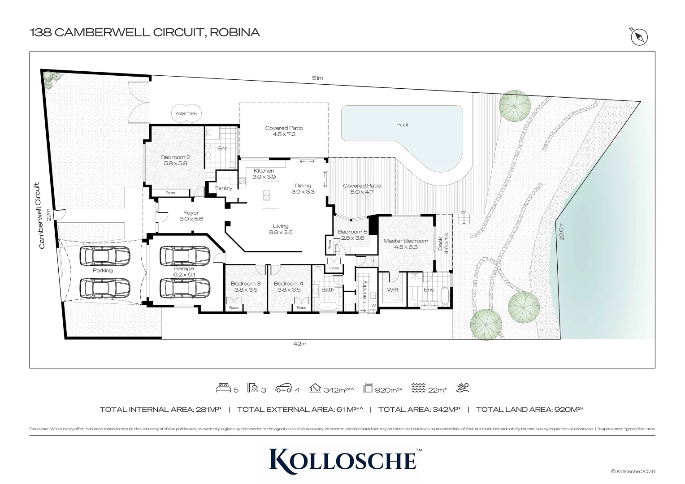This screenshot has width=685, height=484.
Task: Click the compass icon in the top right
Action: (x=639, y=37)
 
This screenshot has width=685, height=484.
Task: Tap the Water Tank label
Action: (x=186, y=113)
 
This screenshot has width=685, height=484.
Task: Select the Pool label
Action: (x=402, y=125)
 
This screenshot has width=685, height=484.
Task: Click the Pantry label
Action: (x=223, y=188)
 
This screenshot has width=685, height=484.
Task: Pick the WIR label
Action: (x=393, y=290)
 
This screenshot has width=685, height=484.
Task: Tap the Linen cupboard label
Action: (x=334, y=268)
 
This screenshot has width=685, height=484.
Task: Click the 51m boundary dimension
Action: (x=317, y=78)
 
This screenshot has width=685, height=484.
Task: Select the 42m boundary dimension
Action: (x=299, y=344)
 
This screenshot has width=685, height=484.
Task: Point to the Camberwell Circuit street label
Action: (x=42, y=215)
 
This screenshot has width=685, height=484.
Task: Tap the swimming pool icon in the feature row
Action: (x=462, y=388)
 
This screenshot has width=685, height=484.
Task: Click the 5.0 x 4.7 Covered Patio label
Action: (x=362, y=189)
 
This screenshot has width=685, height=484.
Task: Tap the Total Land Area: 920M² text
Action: (x=529, y=409)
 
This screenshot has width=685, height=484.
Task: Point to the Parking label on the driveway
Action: (x=103, y=270)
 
